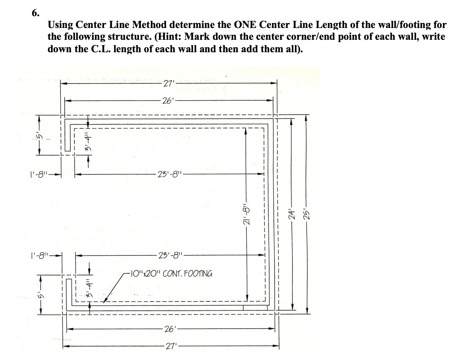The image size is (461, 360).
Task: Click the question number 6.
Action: point(35,13)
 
